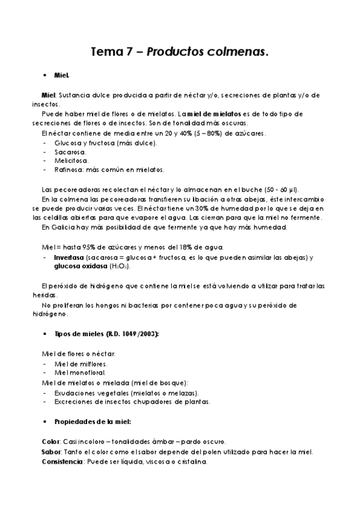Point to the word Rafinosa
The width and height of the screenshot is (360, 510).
69,170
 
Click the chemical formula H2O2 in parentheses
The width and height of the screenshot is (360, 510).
120,266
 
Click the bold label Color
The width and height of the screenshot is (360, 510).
50,441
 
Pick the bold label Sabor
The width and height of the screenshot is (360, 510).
50,451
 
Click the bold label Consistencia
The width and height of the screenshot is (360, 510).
62,461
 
